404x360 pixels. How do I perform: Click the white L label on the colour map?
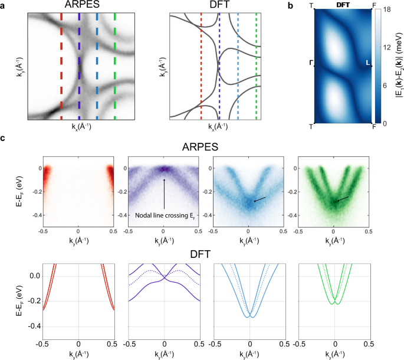click(x=368, y=63)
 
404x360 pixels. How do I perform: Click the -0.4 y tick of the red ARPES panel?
click(x=34, y=216)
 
